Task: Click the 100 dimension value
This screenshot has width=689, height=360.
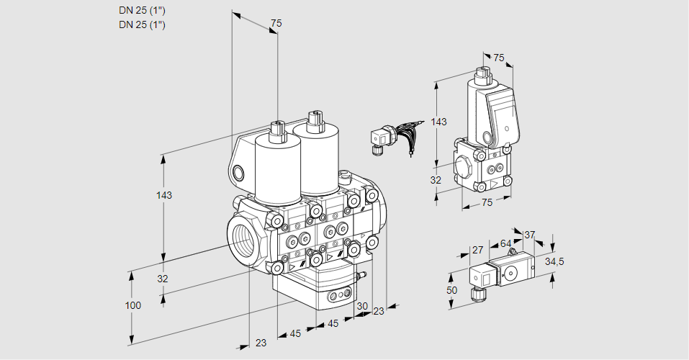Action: pos(132,305)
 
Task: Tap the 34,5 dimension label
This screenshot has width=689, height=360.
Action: pos(554,261)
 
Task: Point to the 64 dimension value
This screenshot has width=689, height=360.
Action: pos(505,244)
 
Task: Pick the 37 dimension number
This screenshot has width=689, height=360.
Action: pos(529,235)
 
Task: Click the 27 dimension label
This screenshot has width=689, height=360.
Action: pos(477,250)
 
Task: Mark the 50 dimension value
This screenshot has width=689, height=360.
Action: pos(451,289)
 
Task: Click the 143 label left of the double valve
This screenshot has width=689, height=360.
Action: pos(164,195)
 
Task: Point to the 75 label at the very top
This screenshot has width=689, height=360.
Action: pos(275,24)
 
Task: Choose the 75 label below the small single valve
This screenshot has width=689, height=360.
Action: pos(487,203)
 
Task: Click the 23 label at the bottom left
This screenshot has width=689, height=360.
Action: pos(261,343)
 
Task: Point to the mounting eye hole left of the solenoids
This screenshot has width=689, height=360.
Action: pos(238,173)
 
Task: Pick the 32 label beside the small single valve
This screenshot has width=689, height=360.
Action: pos(436,180)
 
